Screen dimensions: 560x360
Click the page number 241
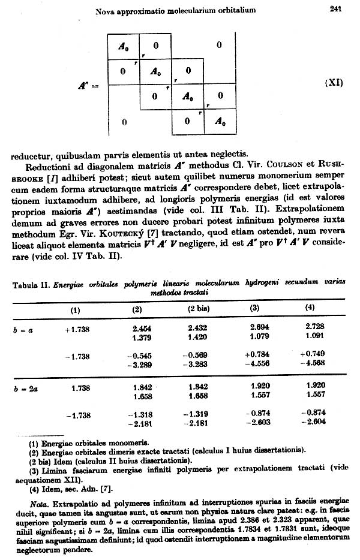point(335,8)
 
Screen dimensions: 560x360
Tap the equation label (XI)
point(333,83)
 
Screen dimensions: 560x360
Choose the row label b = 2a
point(23,389)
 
